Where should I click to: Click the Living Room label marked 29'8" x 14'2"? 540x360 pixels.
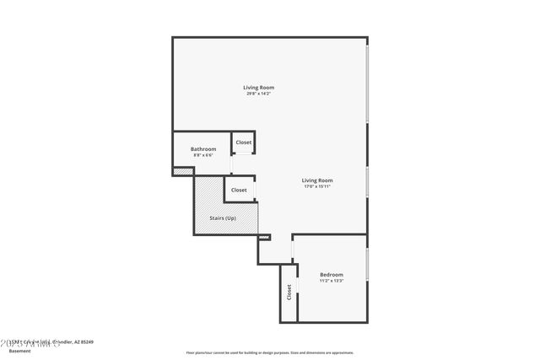coord(258,88)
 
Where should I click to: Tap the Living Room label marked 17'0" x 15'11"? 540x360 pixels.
coord(318,180)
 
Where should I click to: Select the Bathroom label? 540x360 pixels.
coord(202,149)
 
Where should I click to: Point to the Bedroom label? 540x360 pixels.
coord(331,275)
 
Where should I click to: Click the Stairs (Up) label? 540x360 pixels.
coord(223,219)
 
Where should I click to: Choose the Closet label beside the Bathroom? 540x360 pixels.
coord(243,142)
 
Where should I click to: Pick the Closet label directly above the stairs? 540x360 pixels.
coord(239,190)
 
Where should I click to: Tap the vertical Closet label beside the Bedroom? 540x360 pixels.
coord(289,293)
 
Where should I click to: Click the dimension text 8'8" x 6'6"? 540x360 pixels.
coord(202,155)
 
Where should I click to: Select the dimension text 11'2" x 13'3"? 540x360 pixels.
coord(331,281)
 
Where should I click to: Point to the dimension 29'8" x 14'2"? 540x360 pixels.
coord(258,94)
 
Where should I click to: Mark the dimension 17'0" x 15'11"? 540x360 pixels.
coord(318,186)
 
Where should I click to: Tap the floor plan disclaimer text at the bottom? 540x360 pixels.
coord(269,352)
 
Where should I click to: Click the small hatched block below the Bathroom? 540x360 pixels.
coord(183,171)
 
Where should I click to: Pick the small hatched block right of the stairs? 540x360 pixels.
coord(263,238)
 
